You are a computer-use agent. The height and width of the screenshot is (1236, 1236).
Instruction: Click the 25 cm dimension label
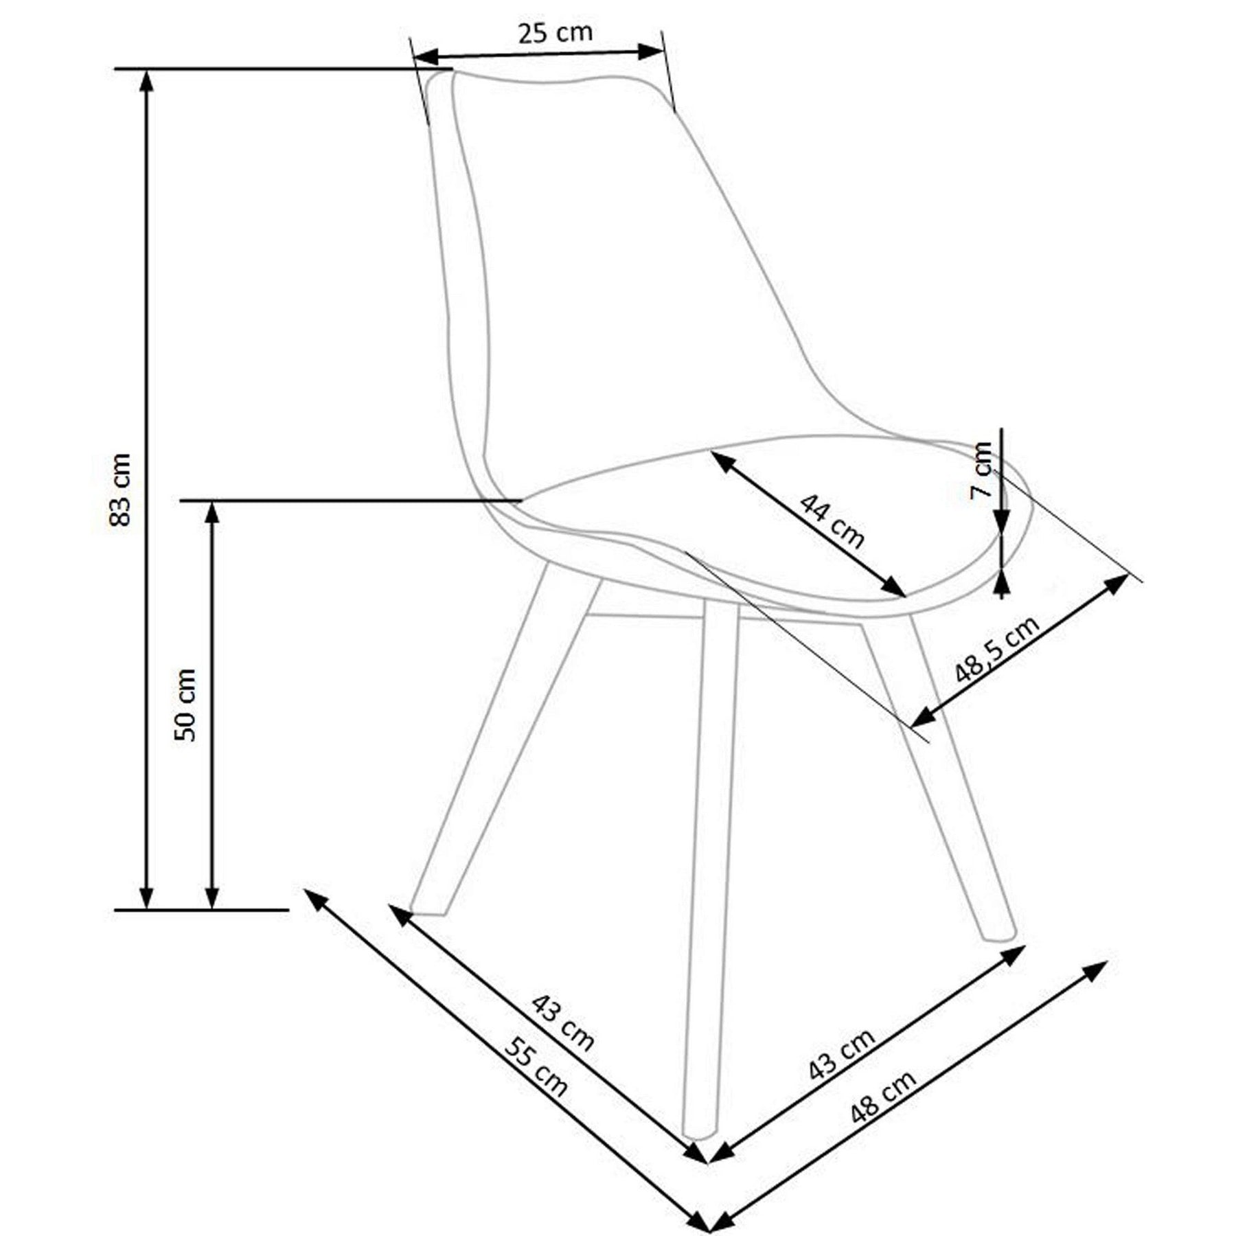555,32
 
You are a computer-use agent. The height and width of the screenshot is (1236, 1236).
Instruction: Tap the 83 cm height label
120,489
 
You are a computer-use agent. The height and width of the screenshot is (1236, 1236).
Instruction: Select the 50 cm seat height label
185,705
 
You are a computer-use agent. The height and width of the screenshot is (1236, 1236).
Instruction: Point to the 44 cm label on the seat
832,521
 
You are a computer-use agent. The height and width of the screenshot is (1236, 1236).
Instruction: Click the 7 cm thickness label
983,471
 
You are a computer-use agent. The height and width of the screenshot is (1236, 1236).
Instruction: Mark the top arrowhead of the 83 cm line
146,80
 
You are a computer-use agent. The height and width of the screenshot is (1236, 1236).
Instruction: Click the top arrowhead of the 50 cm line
212,513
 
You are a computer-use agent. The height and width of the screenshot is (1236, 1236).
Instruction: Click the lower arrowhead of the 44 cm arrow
895,587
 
